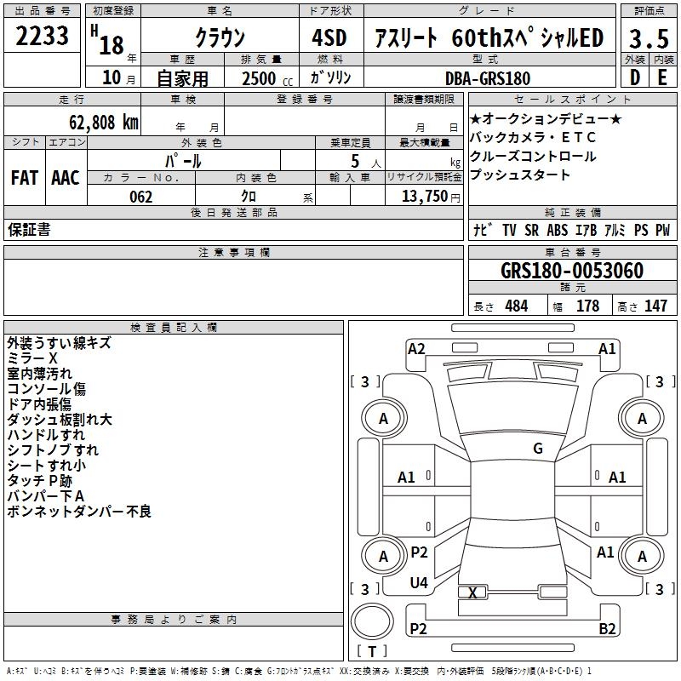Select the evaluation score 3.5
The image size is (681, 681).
click(x=648, y=38)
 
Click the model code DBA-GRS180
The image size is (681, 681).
click(x=487, y=78)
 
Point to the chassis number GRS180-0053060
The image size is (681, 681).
click(x=571, y=271)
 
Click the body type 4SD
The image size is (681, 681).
click(x=330, y=38)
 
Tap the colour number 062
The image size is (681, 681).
click(x=140, y=197)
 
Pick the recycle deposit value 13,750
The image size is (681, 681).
click(x=422, y=197)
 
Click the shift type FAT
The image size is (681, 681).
click(x=25, y=178)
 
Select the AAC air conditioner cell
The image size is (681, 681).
click(x=66, y=178)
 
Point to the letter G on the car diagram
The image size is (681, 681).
click(x=538, y=449)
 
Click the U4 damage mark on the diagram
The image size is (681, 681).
click(x=419, y=582)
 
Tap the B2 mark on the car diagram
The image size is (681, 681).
click(x=607, y=628)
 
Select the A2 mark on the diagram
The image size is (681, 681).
click(x=416, y=348)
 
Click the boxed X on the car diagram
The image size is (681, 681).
click(x=472, y=592)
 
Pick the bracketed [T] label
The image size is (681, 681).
click(x=372, y=652)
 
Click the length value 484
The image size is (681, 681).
click(x=516, y=306)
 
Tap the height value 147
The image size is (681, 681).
click(x=655, y=306)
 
